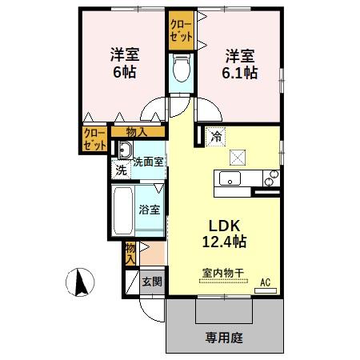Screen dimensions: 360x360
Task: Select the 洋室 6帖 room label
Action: [125, 63]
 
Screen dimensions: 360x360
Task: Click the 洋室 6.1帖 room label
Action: [240, 63]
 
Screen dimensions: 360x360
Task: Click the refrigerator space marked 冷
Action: [214, 137]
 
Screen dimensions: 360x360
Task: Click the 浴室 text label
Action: [150, 211]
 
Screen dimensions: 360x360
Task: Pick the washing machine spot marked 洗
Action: [121, 170]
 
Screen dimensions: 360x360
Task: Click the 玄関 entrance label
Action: [152, 281]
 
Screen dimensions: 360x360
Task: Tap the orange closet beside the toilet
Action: [181, 30]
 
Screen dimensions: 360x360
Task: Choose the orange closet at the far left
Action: [94, 140]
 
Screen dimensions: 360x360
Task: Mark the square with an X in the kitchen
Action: [238, 157]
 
